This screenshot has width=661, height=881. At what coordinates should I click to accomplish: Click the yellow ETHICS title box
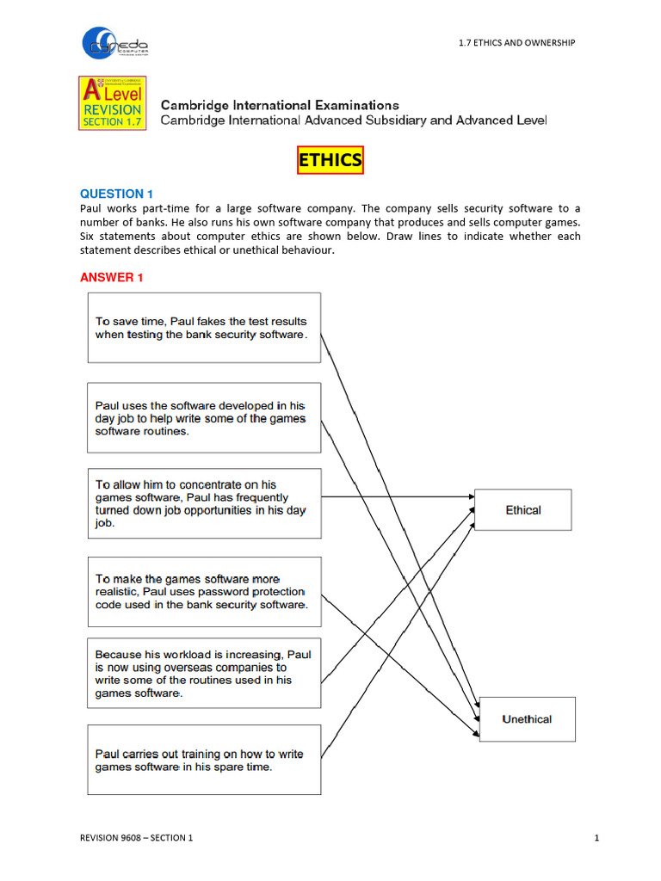coord(330,160)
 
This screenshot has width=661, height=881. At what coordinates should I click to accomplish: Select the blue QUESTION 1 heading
coord(116,194)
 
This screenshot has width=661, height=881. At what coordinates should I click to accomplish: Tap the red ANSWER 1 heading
coord(107,277)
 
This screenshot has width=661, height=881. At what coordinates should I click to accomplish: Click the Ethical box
coord(522,510)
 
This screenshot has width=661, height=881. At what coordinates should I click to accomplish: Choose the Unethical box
coord(526,719)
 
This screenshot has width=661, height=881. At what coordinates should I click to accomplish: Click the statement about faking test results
coord(204,327)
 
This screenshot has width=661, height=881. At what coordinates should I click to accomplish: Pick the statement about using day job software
coord(204,417)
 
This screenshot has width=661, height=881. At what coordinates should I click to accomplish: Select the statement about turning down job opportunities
coord(204,503)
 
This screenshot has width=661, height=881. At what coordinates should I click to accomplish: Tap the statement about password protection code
coord(204,592)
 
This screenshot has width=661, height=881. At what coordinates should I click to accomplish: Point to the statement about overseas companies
coord(204,673)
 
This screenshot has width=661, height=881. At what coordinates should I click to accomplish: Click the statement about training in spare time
coord(204,760)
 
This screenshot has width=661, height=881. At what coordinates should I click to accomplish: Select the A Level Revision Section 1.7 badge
coord(112,103)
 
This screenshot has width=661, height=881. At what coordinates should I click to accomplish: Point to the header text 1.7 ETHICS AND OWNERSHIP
coord(516,42)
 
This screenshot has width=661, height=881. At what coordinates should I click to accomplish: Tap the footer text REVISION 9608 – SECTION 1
coord(136,838)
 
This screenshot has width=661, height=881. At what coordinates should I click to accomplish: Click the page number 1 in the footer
coord(596,838)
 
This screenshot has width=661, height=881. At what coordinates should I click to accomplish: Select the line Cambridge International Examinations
coord(280,105)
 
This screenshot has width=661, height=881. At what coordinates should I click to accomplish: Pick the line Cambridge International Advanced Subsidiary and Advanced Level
coord(353,120)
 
